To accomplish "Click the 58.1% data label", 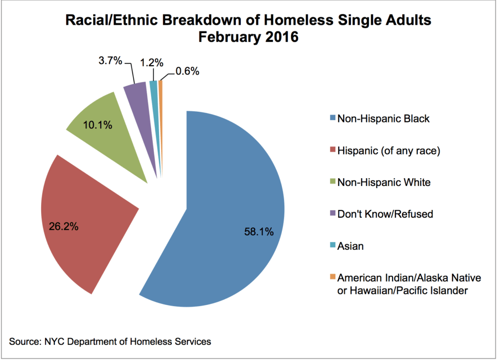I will pos(259,232).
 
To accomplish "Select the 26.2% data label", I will pos(64,226).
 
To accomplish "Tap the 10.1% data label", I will pos(97,125).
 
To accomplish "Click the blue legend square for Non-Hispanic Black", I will pos(331,118).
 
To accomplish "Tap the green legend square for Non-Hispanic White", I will pos(331,182).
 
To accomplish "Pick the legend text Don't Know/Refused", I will pos(385,214).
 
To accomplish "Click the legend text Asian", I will pos(350,246).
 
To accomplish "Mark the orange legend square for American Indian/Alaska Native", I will pos(331,277).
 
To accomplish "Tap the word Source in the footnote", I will pos(24,342).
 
